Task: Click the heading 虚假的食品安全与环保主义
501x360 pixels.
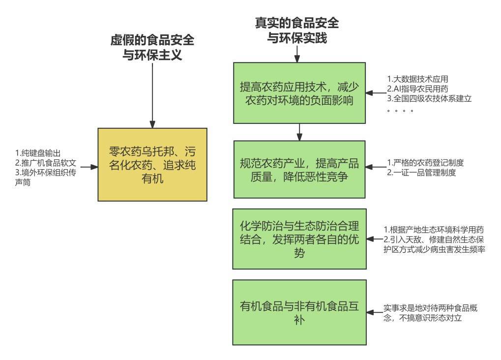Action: [x=152, y=48]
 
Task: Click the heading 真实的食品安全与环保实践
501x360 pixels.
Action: [x=296, y=30]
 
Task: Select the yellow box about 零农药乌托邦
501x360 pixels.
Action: [x=152, y=164]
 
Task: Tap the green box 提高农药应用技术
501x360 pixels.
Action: [x=299, y=93]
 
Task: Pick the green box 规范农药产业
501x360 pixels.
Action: [x=299, y=169]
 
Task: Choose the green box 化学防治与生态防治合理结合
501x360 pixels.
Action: [x=299, y=239]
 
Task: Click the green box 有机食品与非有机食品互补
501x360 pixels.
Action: [x=299, y=312]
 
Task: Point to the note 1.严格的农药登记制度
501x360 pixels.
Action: [x=425, y=163]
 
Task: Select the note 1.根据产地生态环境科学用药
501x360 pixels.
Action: [x=434, y=230]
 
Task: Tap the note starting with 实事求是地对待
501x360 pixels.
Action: [x=431, y=313]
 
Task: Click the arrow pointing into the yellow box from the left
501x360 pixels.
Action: [x=88, y=167]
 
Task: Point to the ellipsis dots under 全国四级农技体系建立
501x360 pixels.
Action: [x=400, y=111]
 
